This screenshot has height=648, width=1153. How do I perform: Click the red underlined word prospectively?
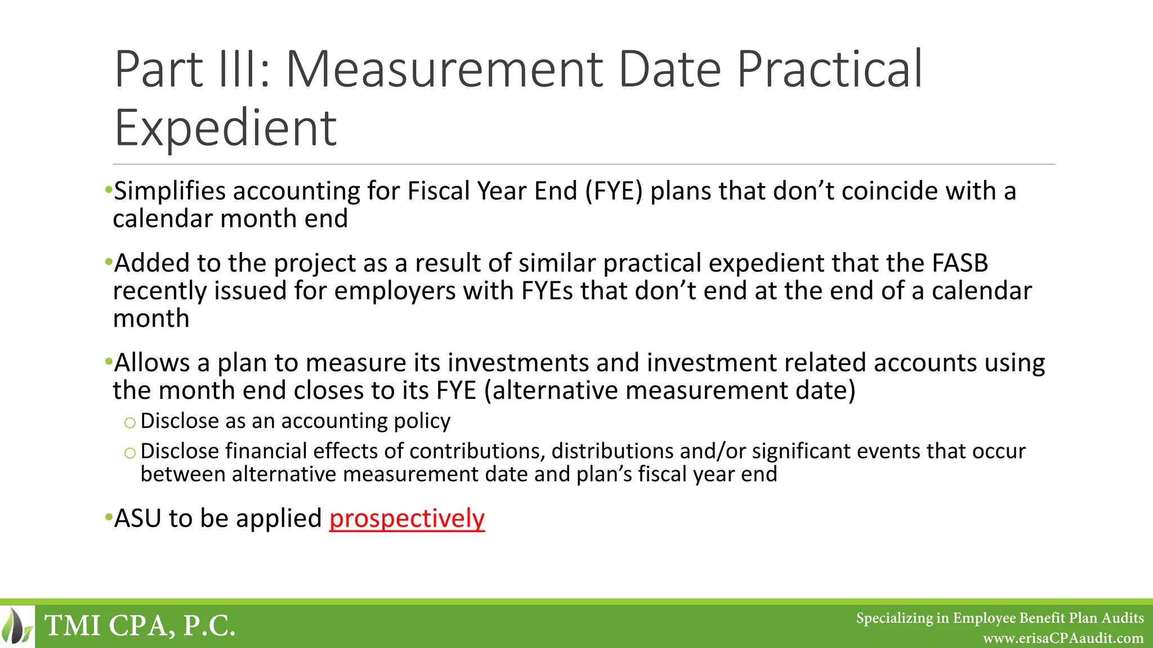coord(406,519)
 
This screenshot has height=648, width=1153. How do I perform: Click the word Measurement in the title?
coord(444,70)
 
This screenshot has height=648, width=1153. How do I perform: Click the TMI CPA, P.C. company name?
coord(140,626)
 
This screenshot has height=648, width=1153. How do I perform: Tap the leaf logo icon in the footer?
coord(17,626)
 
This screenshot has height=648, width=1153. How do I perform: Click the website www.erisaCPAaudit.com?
coord(1063,638)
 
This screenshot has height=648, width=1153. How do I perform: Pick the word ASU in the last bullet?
coord(138,519)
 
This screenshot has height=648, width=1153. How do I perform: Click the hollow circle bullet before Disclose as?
coord(130,422)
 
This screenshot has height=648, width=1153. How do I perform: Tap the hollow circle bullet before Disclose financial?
coord(130,453)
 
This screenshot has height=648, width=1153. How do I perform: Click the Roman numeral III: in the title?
coord(246,70)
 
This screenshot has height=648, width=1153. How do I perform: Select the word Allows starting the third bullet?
coord(152,363)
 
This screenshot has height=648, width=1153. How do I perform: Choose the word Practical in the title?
coord(830,70)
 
